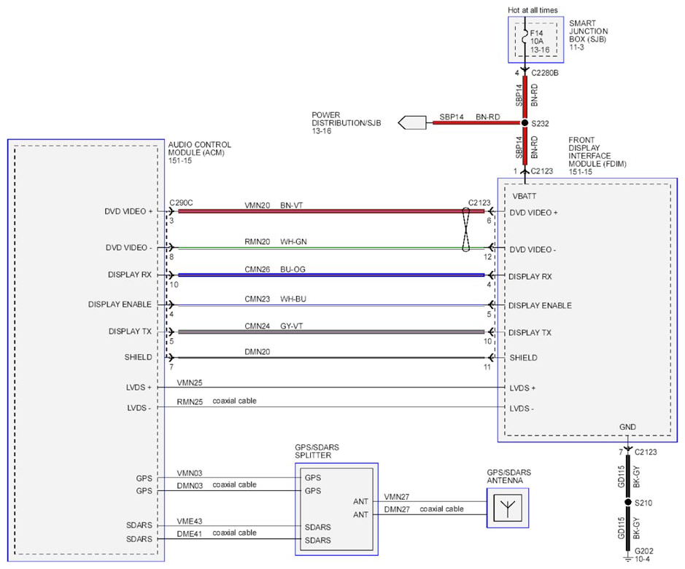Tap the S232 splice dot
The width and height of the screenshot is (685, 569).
525,123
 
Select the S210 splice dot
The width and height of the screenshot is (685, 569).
628,502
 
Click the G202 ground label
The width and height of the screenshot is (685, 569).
644,551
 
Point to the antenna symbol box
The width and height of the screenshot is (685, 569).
508,508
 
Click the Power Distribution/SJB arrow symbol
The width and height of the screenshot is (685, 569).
412,122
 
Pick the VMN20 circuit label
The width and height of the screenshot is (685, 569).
257,205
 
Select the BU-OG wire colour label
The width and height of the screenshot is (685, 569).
293,270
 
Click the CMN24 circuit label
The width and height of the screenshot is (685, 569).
257,326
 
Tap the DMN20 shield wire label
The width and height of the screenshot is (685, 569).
257,352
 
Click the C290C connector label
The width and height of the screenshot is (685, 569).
181,203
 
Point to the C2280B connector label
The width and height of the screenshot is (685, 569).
545,73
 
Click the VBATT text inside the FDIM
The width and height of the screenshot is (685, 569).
525,196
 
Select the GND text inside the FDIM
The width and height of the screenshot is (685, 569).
627,427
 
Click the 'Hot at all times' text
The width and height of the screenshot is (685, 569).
533,10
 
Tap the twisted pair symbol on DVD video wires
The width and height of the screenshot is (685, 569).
465,230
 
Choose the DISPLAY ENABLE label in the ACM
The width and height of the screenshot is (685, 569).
120,304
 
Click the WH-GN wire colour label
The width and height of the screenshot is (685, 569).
293,241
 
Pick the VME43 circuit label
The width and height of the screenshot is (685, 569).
190,521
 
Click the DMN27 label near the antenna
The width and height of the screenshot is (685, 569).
397,509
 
